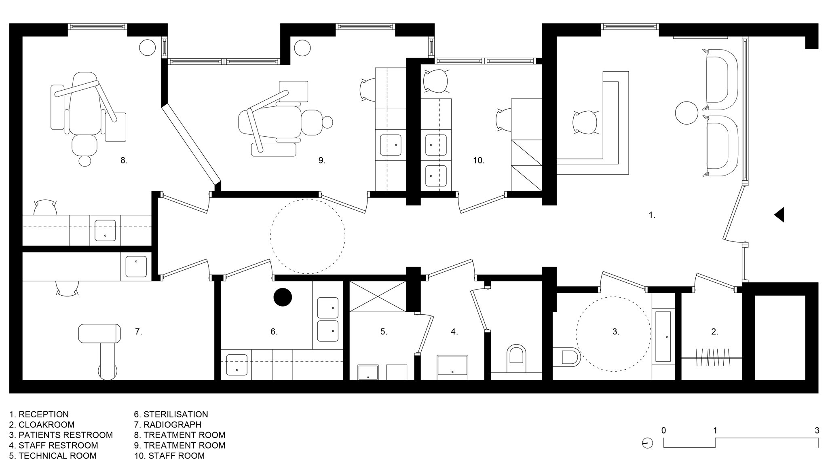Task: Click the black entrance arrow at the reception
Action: point(779,214)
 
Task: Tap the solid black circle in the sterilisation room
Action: point(283,297)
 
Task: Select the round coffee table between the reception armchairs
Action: point(686,112)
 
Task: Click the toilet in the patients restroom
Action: point(566,357)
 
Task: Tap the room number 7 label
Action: point(138,332)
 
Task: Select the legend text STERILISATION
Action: point(176,414)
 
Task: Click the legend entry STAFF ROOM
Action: point(177,456)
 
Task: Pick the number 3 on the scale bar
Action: point(817,430)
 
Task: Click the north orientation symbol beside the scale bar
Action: point(647,443)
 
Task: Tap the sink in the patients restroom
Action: point(663,336)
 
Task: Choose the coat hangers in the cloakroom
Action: point(711,356)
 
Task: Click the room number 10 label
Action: point(479,161)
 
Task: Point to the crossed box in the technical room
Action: point(378,296)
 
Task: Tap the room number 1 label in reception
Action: point(652,215)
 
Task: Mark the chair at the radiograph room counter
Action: point(67,289)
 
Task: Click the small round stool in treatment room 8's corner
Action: point(148,48)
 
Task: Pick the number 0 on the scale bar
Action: point(664,430)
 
